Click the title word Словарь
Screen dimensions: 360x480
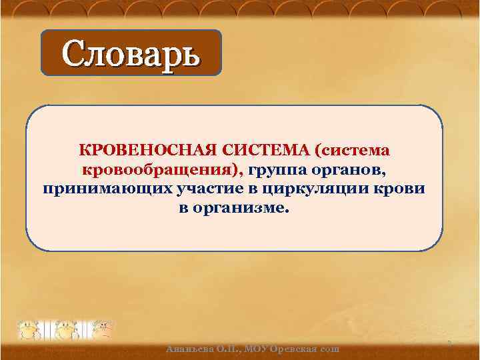131,53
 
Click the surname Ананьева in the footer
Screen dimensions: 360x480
191,349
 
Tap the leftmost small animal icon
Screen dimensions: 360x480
31,329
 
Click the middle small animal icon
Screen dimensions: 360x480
66,329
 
